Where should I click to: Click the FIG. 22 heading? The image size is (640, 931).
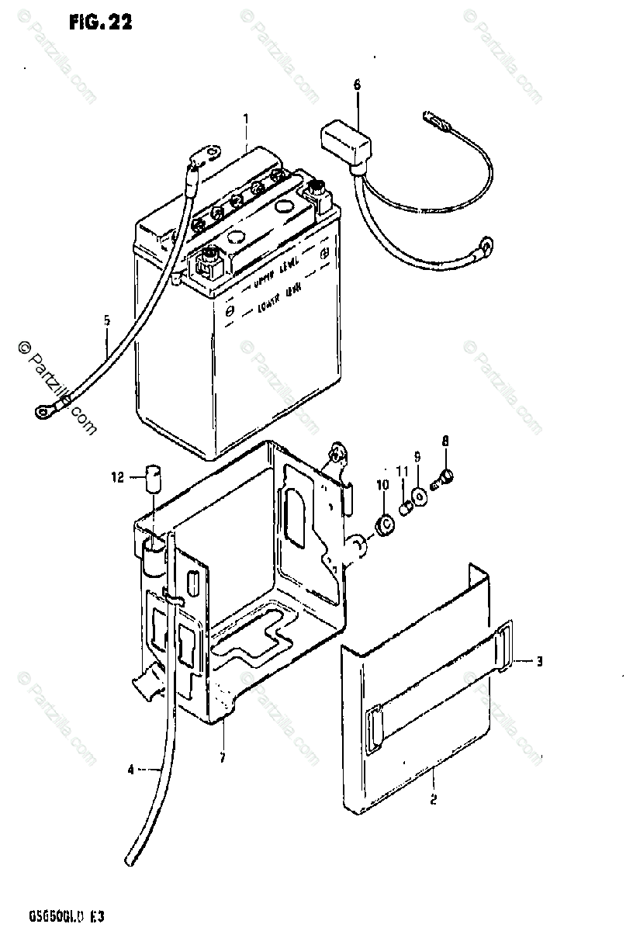point(101,22)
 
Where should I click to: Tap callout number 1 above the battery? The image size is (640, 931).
point(245,119)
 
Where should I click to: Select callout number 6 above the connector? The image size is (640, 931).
point(357,85)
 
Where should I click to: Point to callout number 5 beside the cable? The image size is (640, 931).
point(106,320)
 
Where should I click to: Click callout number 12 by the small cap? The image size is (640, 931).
point(118,479)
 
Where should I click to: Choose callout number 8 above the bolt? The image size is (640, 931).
point(445,442)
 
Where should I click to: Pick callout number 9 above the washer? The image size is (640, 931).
point(417,457)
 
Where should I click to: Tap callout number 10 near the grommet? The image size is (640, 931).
point(382,485)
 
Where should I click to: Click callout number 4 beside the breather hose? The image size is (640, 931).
point(131,770)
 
